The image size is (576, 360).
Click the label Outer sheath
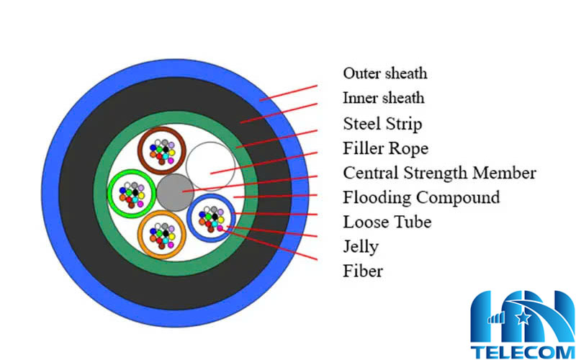[384, 73]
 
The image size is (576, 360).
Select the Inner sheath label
[383, 98]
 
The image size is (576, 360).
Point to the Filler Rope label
[385, 149]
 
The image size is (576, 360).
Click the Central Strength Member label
[439, 173]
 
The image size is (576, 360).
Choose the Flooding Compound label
[421, 197]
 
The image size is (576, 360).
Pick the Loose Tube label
[387, 222]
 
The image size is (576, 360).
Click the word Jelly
[361, 247]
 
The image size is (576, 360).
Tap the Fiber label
[363, 271]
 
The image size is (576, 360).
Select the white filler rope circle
[208, 165]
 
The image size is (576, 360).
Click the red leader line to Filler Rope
[263, 163]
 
